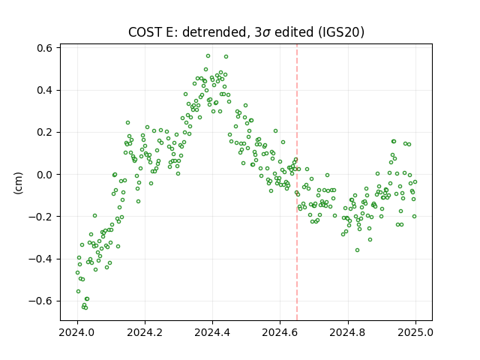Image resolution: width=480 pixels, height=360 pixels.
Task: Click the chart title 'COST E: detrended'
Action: click(187, 32)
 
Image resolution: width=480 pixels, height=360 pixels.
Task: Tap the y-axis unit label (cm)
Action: click(18, 183)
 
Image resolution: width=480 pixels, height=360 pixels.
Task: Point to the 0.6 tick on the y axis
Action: click(45, 48)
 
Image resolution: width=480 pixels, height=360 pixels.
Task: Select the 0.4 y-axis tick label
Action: click(45, 90)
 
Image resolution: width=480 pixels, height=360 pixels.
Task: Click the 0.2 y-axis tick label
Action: click(45, 133)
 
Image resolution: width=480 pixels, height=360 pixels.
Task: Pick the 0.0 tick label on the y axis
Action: click(45, 175)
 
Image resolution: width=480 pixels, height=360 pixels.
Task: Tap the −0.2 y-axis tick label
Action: click(40, 217)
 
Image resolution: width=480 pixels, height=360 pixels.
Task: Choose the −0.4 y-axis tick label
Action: click(40, 259)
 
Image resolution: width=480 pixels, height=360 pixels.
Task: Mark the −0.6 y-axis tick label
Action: click(40, 301)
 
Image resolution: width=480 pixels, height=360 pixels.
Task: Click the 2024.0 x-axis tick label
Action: click(77, 332)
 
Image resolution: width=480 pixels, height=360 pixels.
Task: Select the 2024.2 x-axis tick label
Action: click(145, 332)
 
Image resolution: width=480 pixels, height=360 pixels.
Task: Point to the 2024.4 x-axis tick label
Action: click(212, 332)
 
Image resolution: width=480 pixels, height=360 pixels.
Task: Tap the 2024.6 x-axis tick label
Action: click(280, 332)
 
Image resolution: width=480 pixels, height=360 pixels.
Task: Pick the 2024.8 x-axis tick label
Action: click(348, 332)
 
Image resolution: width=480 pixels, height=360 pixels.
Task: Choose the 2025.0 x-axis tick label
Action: click(415, 332)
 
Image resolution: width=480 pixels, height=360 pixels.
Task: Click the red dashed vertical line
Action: click(297, 182)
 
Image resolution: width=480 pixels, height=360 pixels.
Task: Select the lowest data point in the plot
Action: click(85, 307)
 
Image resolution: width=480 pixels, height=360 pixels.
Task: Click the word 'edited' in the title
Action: click(293, 32)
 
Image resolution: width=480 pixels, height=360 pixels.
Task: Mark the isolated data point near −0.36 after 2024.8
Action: click(357, 250)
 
